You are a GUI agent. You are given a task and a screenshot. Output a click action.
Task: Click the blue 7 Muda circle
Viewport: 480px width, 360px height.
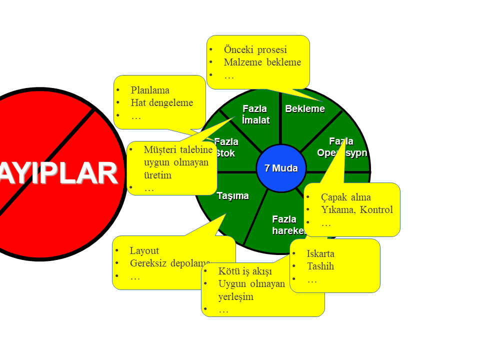(281, 168)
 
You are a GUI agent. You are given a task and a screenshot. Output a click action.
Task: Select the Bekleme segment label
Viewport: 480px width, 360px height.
(304, 109)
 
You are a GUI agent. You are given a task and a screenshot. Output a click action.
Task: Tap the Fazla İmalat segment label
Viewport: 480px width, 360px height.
(255, 114)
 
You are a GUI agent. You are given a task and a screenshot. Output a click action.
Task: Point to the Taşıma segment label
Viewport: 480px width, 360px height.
(233, 196)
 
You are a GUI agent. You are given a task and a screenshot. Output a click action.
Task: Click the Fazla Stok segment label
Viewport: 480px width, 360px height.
(226, 147)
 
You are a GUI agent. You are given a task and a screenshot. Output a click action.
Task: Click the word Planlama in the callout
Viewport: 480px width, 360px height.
(150, 90)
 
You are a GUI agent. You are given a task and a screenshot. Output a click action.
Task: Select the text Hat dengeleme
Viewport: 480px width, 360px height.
(161, 103)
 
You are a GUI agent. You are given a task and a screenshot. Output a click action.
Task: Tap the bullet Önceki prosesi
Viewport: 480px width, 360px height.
(255, 50)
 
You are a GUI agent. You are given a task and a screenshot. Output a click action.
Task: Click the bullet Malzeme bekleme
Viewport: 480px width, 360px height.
(262, 62)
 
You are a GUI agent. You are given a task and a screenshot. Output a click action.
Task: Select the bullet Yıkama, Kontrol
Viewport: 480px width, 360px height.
(356, 210)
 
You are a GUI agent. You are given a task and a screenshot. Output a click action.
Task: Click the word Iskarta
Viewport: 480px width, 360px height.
(320, 253)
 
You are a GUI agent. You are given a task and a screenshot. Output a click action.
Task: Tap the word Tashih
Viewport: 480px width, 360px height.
(320, 266)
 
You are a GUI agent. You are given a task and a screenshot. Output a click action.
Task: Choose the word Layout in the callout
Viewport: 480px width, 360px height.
(144, 251)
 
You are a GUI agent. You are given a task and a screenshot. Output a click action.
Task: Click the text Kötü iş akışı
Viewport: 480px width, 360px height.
(245, 271)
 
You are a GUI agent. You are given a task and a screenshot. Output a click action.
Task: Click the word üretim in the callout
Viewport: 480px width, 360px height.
(157, 175)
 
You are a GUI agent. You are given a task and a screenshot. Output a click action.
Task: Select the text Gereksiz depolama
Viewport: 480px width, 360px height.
(170, 263)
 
